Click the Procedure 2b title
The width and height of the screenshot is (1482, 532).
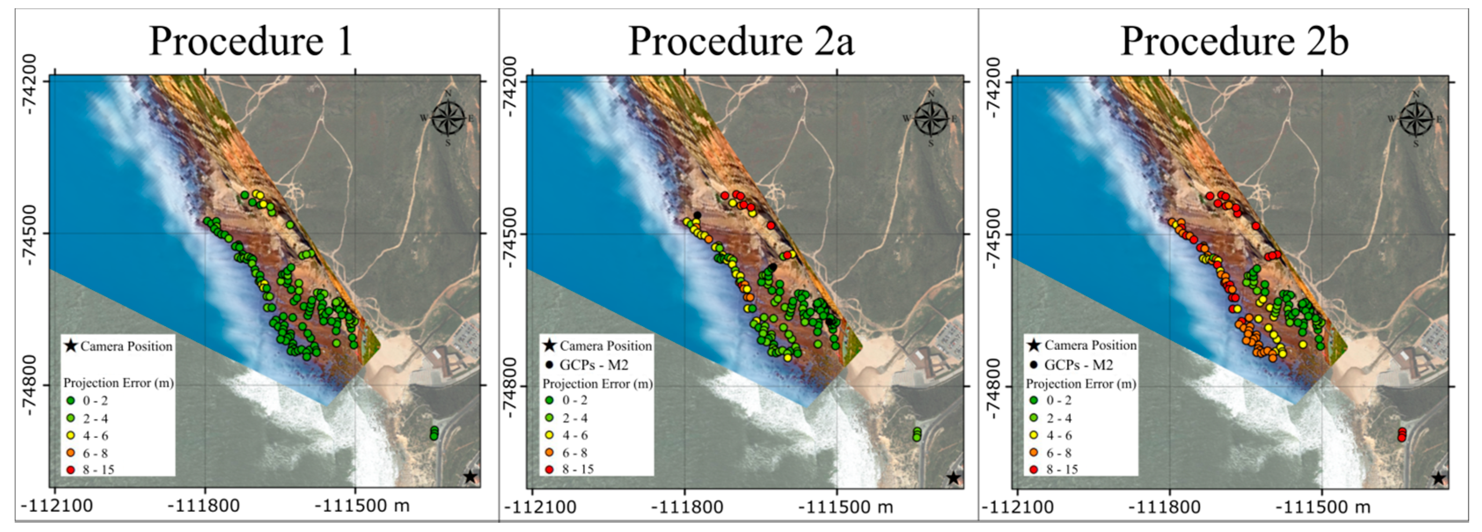pyautogui.click(x=1235, y=41)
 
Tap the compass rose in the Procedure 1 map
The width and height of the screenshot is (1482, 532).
pyautogui.click(x=449, y=118)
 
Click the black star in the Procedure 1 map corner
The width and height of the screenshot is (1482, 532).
pyautogui.click(x=470, y=477)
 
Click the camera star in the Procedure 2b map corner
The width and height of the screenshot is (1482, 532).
pyautogui.click(x=1438, y=478)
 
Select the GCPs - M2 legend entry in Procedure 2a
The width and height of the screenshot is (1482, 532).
pyautogui.click(x=593, y=365)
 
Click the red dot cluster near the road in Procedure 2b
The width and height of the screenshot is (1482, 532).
pyautogui.click(x=1402, y=435)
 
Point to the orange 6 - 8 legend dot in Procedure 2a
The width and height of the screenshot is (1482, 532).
pyautogui.click(x=550, y=452)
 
